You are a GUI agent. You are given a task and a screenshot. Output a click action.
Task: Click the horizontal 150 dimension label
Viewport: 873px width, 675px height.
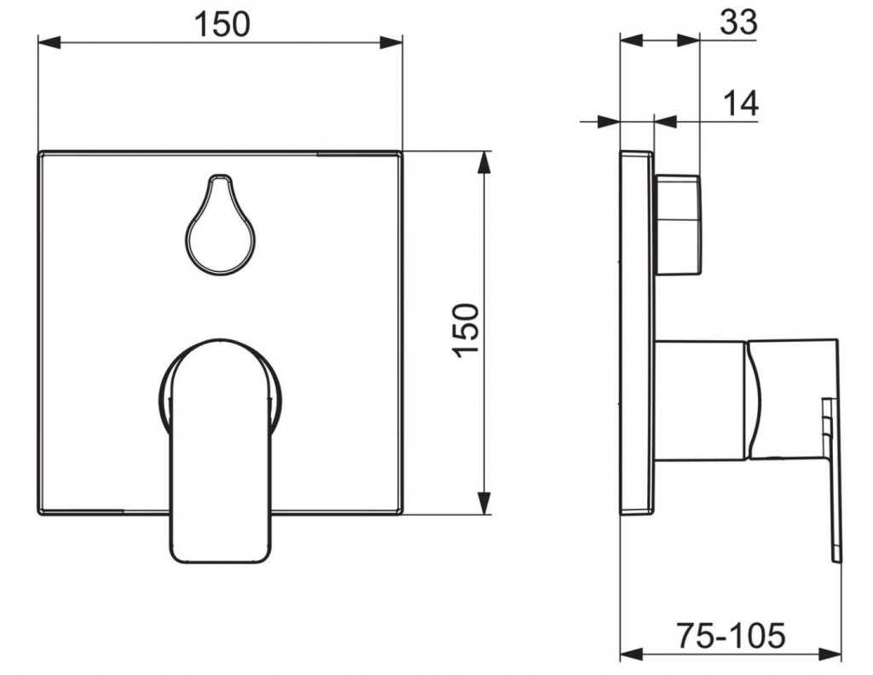(223, 25)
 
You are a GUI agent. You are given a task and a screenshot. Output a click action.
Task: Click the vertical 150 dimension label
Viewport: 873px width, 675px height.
(466, 331)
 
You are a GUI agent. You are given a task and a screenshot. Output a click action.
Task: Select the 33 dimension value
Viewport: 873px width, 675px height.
(739, 23)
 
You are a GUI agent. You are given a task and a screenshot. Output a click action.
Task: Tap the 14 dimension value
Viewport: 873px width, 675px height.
(741, 103)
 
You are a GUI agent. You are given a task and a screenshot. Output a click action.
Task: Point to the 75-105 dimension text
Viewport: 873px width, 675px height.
(731, 635)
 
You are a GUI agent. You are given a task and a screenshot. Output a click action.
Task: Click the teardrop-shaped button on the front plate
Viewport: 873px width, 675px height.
(220, 224)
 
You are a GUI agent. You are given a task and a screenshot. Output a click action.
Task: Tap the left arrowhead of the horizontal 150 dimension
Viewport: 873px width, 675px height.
(49, 42)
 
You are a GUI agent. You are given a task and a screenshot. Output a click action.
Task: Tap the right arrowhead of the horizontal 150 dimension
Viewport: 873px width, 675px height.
(390, 42)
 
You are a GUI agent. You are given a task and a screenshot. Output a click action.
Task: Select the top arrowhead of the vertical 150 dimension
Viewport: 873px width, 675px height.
(485, 162)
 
